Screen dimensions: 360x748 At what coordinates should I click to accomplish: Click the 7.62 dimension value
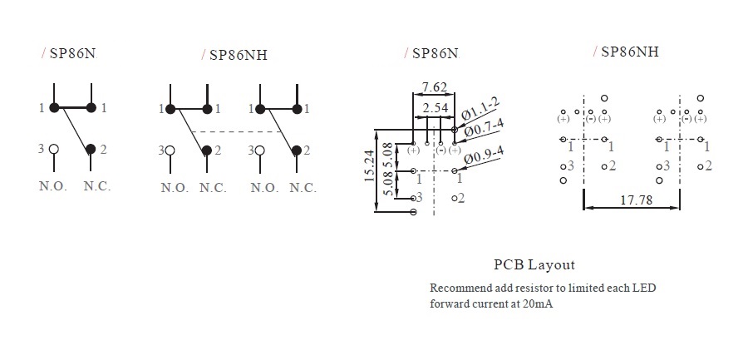click(435, 86)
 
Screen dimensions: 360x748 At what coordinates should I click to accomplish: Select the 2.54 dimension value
click(436, 109)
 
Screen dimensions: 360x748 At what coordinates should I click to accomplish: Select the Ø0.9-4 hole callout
click(484, 155)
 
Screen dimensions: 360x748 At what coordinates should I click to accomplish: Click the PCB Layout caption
click(534, 265)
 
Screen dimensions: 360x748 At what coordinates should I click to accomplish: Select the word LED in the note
click(644, 288)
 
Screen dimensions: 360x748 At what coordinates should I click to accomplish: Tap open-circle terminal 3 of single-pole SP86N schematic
click(54, 150)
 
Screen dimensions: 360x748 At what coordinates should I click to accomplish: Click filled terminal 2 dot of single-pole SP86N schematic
click(91, 150)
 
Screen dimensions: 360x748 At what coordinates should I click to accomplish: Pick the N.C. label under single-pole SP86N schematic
click(96, 186)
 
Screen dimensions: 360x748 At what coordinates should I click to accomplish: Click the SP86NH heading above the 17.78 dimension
click(629, 51)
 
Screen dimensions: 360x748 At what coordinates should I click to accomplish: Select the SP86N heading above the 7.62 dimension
click(435, 53)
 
